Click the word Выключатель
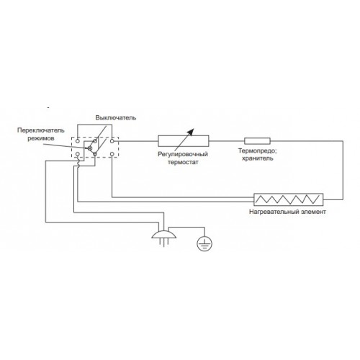pyautogui.click(x=116, y=118)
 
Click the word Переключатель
pyautogui.click(x=41, y=130)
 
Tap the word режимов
pyautogui.click(x=40, y=138)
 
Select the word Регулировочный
pyautogui.click(x=183, y=154)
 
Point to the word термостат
pyautogui.click(x=183, y=162)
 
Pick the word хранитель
pyautogui.click(x=257, y=158)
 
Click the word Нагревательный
pyautogui.click(x=272, y=212)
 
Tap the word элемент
pyautogui.click(x=312, y=212)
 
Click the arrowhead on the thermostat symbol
pyautogui.click(x=191, y=132)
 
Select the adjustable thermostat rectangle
pyautogui.click(x=184, y=141)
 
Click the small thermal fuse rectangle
pyautogui.click(x=257, y=141)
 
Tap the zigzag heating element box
pyautogui.click(x=289, y=199)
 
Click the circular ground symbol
pyautogui.click(x=204, y=243)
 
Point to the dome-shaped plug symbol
pyautogui.click(x=164, y=235)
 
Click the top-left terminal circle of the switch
pyautogui.click(x=78, y=141)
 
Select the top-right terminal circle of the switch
pyautogui.click(x=112, y=141)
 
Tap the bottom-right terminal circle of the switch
pyautogui.click(x=112, y=154)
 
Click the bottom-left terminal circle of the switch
pyautogui.click(x=78, y=154)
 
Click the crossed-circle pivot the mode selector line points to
pyautogui.click(x=90, y=148)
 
